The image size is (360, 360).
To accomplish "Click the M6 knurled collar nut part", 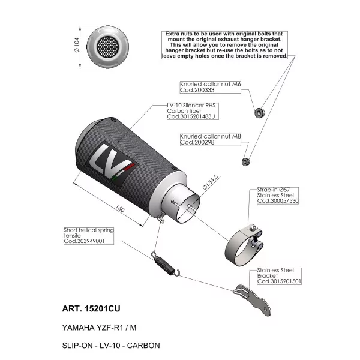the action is tap(260, 113).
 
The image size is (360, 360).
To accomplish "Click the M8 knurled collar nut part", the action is tap(246, 161).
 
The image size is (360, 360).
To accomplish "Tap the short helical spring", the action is tap(166, 264).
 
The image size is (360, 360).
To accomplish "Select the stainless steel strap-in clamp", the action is tap(244, 245).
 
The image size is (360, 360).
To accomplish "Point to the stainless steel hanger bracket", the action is tap(253, 298).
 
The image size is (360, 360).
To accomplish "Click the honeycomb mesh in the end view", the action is tap(108, 47).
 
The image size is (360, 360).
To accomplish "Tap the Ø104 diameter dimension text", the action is tap(77, 45).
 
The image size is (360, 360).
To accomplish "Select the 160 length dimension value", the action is tap(120, 208).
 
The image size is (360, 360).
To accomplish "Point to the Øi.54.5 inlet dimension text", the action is tap(211, 182).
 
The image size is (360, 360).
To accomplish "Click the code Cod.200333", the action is tap(197, 90).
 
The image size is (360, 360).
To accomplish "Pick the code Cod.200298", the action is tap(197, 142).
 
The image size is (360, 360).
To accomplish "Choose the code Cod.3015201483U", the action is tap(191, 116).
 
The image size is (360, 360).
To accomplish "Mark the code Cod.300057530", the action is tap(278, 201).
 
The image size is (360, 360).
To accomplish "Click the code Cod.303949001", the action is tap(84, 241).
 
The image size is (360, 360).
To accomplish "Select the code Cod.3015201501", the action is tap(279, 281).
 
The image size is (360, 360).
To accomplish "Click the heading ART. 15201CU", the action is tap(91, 308).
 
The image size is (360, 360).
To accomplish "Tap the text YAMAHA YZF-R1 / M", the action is tap(99, 328).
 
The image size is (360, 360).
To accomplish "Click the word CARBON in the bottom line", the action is tap(143, 346).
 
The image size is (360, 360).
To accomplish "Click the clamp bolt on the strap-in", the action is tap(255, 240).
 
